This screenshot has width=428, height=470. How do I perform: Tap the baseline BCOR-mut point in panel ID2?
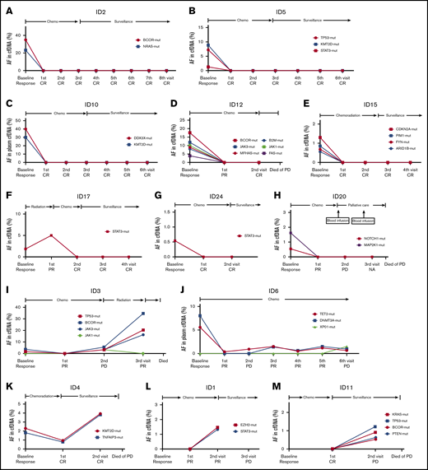tap(27, 39)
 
